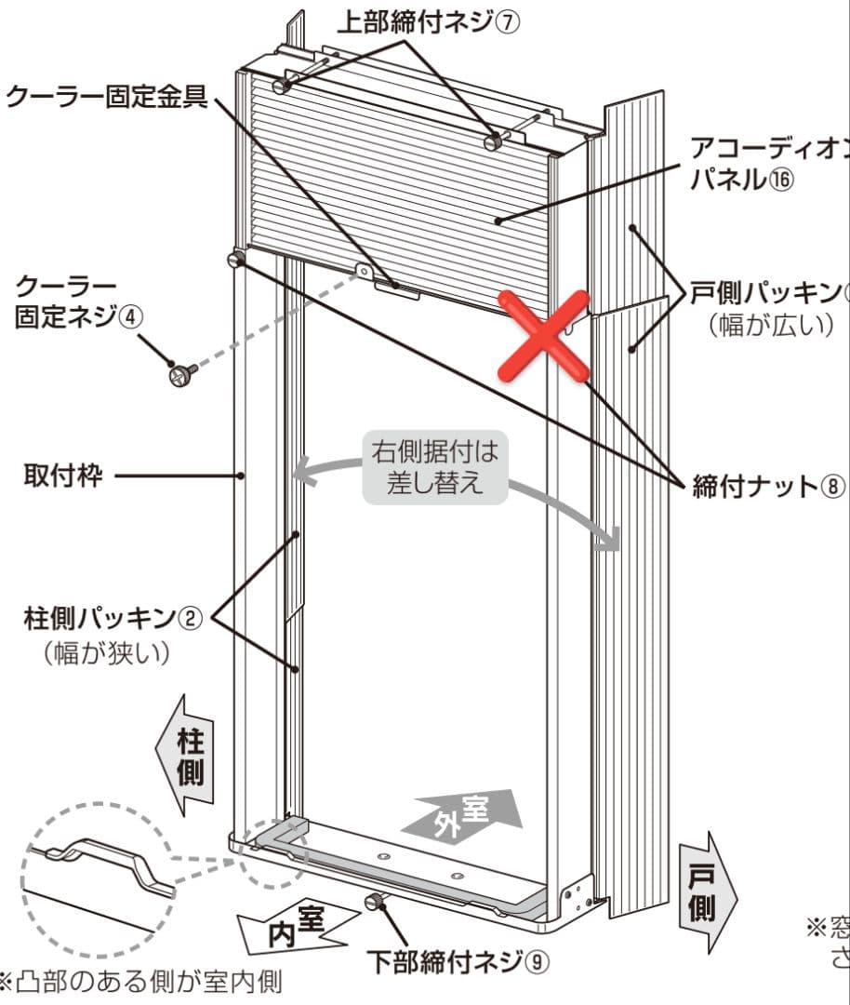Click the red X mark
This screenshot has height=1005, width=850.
click(x=546, y=336)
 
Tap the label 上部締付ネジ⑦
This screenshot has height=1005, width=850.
click(x=426, y=23)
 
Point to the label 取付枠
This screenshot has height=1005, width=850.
click(x=62, y=476)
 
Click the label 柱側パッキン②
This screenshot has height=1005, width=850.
click(x=113, y=616)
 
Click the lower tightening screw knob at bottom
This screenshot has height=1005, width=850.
click(x=376, y=901)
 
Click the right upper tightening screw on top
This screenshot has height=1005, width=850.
click(x=494, y=141)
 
